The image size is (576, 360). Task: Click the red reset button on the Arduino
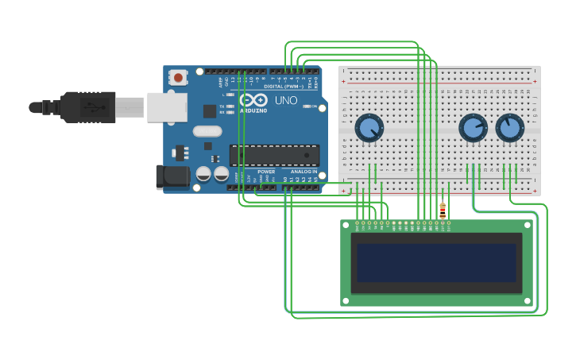179,78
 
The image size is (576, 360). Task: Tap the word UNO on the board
285,101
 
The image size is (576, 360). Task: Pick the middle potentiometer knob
473,128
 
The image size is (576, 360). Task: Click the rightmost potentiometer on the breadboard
509,128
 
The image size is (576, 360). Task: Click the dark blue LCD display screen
436,263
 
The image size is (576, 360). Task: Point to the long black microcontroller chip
274,155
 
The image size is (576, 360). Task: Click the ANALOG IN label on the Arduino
303,172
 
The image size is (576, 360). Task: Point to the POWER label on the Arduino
266,172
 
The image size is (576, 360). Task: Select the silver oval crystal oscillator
207,131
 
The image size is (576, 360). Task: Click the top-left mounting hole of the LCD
346,226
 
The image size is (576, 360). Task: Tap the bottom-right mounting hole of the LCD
527,300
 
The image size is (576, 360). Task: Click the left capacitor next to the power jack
204,173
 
